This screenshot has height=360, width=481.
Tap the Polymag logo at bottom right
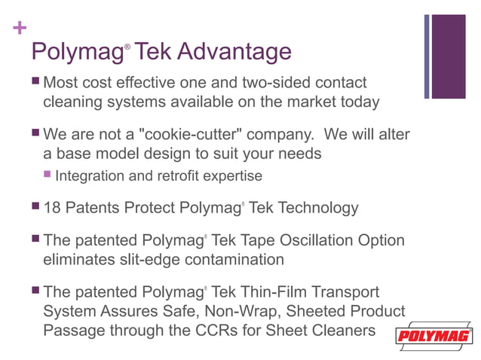(435, 336)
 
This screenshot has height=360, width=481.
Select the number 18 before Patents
(54, 207)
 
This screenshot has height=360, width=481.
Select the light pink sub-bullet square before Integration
(47, 176)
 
